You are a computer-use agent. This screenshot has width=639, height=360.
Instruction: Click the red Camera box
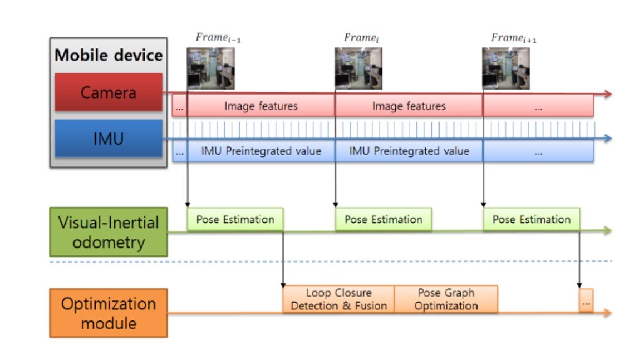pos(109,92)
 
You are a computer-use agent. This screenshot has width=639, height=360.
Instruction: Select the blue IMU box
pos(109,138)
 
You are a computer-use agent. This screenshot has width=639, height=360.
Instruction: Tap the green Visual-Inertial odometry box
pos(109,232)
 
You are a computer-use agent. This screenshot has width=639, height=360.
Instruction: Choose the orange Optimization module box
pos(109,312)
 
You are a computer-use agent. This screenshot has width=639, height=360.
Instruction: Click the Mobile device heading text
pos(109,56)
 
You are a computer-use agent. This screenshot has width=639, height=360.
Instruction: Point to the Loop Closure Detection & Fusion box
pos(338,299)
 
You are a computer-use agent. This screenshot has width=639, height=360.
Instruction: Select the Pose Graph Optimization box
pos(445,299)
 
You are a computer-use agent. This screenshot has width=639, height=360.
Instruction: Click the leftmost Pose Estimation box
pos(235,219)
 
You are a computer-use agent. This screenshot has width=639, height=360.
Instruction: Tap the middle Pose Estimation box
pos(383,219)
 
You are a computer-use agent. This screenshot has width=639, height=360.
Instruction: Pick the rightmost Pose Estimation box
pos(531,219)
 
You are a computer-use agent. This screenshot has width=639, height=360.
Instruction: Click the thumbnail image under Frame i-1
pos(210,68)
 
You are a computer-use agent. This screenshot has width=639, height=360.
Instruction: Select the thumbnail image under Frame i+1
pos(505,68)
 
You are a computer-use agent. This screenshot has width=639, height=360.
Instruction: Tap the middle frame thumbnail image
pos(358,68)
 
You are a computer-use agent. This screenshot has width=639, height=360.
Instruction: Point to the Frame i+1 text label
pos(513,38)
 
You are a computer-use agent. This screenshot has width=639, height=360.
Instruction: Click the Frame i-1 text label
pos(218,38)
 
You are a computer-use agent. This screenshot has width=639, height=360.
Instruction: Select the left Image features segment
pos(260,106)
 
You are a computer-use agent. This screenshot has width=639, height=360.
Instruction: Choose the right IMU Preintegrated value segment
pos(409,151)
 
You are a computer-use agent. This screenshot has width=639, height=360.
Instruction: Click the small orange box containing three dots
pos(586,300)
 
